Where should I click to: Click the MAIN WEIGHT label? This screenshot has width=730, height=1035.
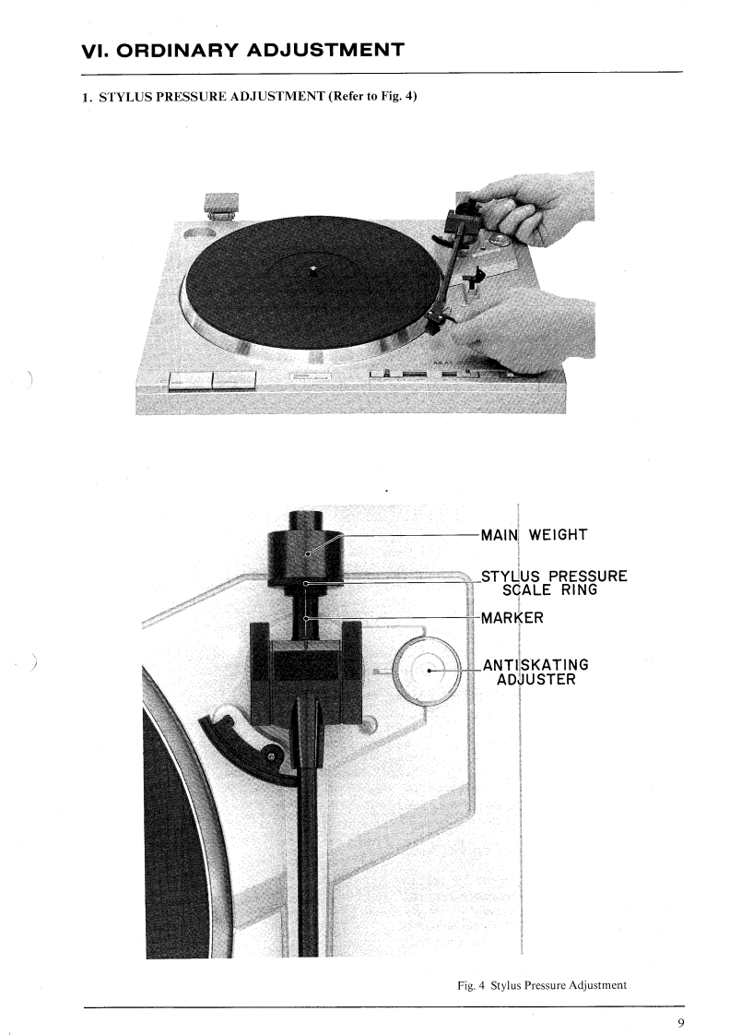[534, 534]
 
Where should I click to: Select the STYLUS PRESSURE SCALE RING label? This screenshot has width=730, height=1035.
[554, 583]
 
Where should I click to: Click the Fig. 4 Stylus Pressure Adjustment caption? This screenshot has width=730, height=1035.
[542, 985]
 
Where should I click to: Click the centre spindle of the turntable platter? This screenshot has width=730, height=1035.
[313, 270]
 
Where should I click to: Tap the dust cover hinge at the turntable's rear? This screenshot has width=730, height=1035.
[222, 206]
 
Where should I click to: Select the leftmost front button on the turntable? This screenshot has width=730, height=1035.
[190, 380]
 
